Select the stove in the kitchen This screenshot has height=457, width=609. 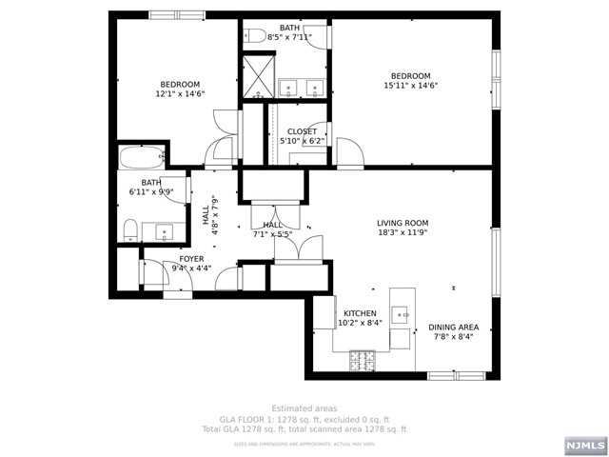[x=363, y=360]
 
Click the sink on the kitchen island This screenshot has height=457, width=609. [x=401, y=313]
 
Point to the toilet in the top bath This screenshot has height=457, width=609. [x=254, y=37]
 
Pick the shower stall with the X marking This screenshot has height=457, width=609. [x=257, y=76]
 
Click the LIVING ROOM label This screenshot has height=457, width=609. [x=403, y=223]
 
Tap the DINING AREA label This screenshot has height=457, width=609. [x=453, y=327]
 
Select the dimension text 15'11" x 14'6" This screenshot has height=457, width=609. [x=410, y=86]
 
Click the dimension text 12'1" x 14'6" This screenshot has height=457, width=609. [x=180, y=94]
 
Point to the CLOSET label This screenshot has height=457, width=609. [x=302, y=131]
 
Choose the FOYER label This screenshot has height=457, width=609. [x=192, y=258]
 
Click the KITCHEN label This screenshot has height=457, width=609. [x=360, y=313]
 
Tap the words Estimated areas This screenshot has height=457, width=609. [x=304, y=408]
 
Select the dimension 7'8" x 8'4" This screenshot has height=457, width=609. [x=453, y=336]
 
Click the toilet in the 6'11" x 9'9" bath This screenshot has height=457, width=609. [x=131, y=229]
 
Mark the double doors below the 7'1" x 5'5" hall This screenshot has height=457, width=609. [x=299, y=249]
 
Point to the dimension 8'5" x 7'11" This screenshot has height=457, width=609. [x=289, y=37]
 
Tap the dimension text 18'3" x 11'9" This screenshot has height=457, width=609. [x=403, y=232]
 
